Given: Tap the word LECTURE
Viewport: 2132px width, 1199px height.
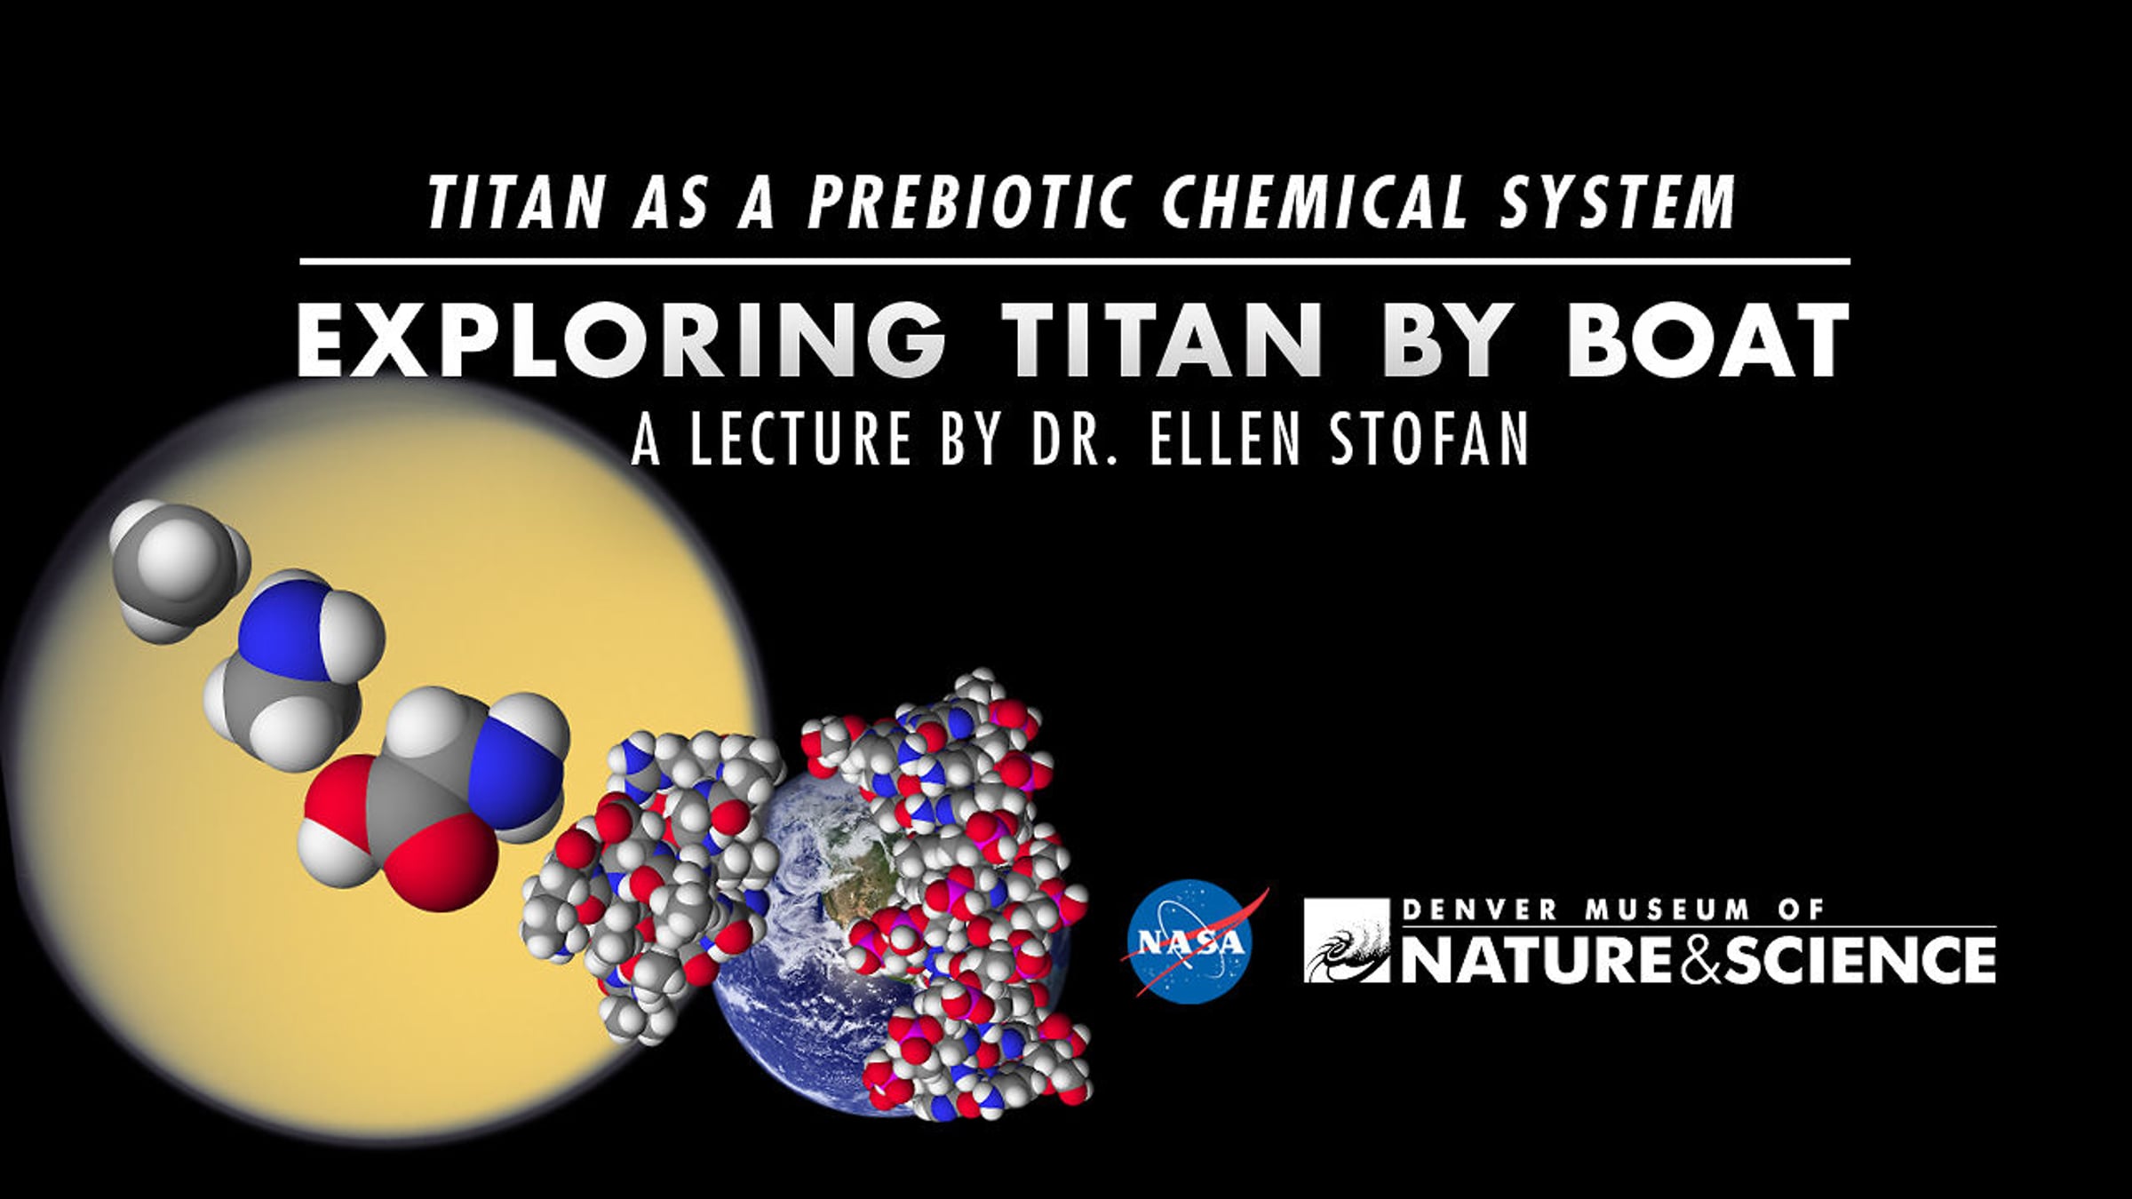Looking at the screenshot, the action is coord(799,439).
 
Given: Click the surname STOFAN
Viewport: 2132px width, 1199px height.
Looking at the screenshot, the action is coord(1429,439).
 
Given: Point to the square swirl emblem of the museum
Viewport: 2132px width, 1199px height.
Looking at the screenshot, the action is coord(1347,941).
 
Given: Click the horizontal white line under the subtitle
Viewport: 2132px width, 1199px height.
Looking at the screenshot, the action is coord(1075,261).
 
